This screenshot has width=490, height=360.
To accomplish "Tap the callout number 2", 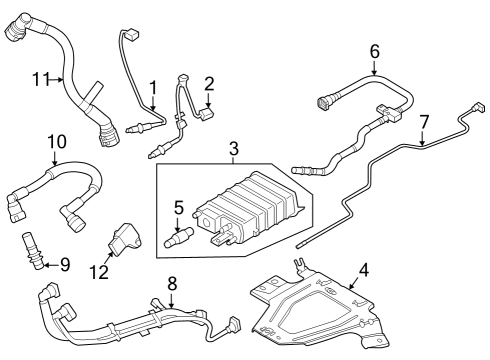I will click(x=209, y=84).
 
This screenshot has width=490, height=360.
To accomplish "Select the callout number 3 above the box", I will click(x=233, y=151).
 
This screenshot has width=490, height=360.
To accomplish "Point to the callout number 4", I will click(x=364, y=269).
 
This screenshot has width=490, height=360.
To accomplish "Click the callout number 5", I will click(x=179, y=209).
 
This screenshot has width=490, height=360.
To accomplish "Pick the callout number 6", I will click(x=375, y=51).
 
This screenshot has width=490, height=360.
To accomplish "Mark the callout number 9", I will click(x=64, y=264).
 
